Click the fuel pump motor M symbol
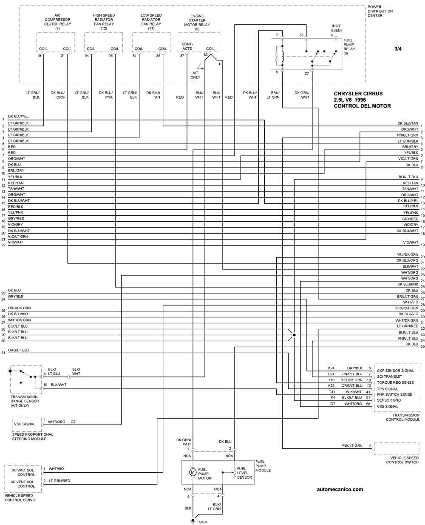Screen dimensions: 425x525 192,472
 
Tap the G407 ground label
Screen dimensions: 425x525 203,522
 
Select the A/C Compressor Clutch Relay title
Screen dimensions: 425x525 57,22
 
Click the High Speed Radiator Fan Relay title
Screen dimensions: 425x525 104,22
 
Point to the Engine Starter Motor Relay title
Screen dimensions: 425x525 197,23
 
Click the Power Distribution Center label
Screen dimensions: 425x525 380,11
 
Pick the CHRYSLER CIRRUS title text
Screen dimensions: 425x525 358,94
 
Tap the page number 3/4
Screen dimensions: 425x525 398,49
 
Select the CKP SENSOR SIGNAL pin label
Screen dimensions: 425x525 395,371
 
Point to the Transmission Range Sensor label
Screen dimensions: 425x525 25,401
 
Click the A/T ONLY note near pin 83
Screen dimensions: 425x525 195,75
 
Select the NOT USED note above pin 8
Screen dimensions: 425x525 336,28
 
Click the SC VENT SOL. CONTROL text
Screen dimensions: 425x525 23,484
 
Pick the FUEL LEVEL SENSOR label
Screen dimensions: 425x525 244,473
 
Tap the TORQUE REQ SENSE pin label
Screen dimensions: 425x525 395,382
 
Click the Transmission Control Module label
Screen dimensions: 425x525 402,417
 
